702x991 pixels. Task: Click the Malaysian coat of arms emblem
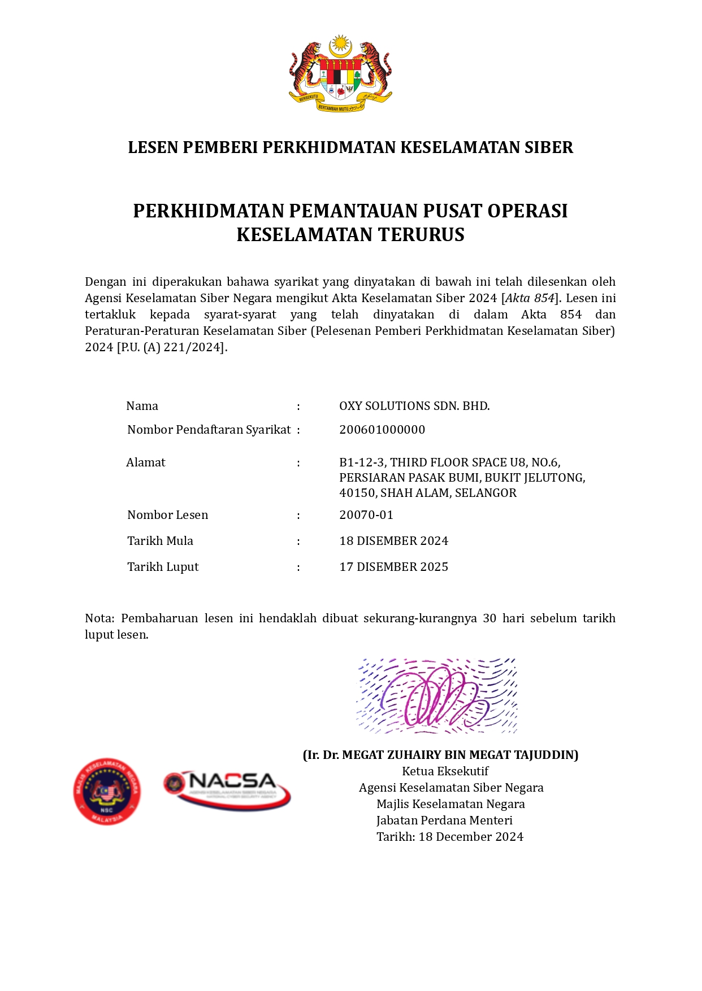(x=340, y=73)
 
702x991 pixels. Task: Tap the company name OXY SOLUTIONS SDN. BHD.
(x=414, y=406)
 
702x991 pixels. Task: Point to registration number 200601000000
(x=382, y=430)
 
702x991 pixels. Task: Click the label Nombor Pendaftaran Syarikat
(x=209, y=430)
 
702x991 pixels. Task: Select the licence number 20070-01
(x=366, y=515)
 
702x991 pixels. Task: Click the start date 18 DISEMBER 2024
(x=393, y=541)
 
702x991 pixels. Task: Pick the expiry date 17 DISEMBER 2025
(x=393, y=567)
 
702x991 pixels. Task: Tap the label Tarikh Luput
(x=163, y=567)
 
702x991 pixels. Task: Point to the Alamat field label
(x=146, y=462)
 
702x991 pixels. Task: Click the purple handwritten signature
(x=436, y=696)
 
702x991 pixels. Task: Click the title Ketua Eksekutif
(x=445, y=771)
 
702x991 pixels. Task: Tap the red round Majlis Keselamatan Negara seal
(x=107, y=791)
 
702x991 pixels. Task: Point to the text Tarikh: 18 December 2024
(x=450, y=837)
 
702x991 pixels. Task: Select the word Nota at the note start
(x=99, y=618)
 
